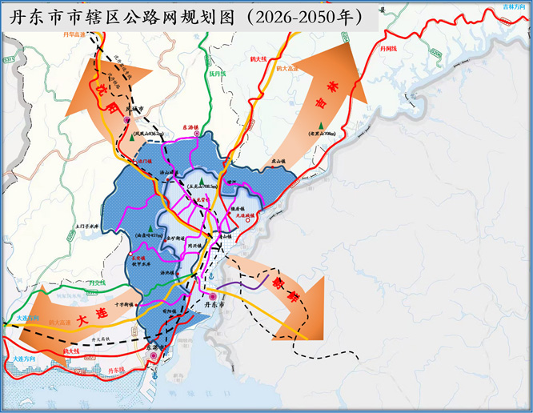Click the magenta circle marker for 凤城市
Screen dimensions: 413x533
click(x=126, y=121)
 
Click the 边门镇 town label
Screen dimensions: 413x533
click(x=145, y=161)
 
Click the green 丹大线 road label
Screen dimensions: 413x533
click(x=97, y=283)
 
